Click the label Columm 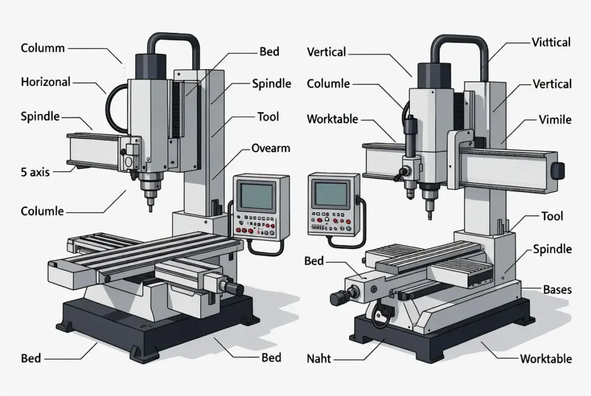[42, 48]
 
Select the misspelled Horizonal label [46, 82]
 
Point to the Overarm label [270, 148]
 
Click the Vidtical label [551, 42]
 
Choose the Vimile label [555, 120]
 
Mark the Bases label [557, 289]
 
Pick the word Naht [319, 359]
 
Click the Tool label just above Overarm [268, 116]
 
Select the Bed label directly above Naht [314, 261]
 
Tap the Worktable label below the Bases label [545, 359]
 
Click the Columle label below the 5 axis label [42, 211]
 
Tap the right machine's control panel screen [331, 194]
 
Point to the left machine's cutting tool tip [150, 209]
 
